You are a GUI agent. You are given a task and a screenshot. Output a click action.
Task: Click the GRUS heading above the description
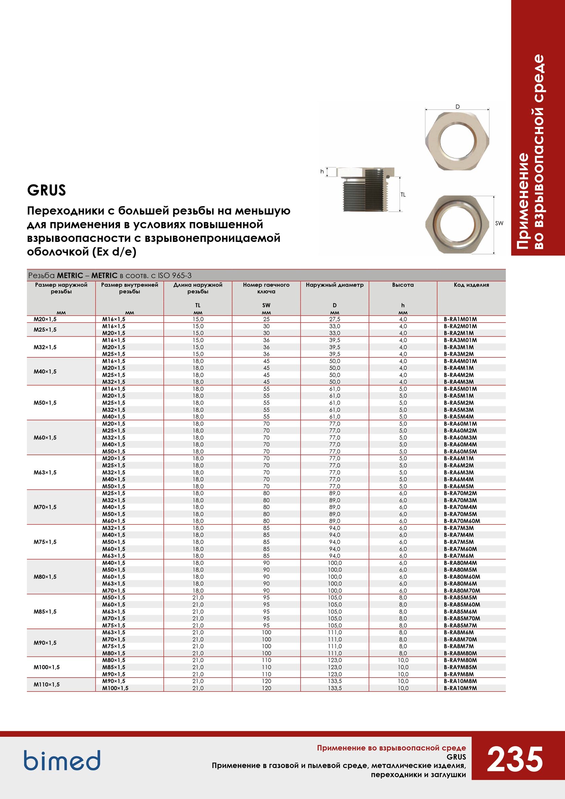coord(46,190)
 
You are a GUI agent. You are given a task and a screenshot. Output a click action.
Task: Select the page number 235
coord(515,759)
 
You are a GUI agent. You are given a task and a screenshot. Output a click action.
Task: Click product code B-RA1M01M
coord(460,319)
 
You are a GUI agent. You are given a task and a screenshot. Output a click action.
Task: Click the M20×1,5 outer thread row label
coord(45,319)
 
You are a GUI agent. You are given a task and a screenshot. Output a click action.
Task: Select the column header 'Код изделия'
coord(471,285)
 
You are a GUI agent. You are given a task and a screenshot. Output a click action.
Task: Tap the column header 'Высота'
coord(403,285)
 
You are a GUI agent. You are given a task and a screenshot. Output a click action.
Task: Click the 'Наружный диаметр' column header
coord(334,285)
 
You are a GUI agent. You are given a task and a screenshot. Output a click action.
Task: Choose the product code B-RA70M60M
coord(462,521)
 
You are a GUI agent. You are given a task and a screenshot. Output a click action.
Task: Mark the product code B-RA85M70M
coord(462,618)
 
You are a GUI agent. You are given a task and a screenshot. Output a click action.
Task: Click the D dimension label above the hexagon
coord(457,107)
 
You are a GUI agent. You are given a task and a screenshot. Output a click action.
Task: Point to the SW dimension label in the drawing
coord(499,223)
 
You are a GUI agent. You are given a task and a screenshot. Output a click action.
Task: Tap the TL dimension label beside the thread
coord(403,195)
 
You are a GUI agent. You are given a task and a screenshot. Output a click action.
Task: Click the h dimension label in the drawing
coord(322,172)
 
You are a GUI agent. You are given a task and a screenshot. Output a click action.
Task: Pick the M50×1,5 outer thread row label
coord(45,403)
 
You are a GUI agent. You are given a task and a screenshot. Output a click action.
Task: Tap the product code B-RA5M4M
coord(458,416)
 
